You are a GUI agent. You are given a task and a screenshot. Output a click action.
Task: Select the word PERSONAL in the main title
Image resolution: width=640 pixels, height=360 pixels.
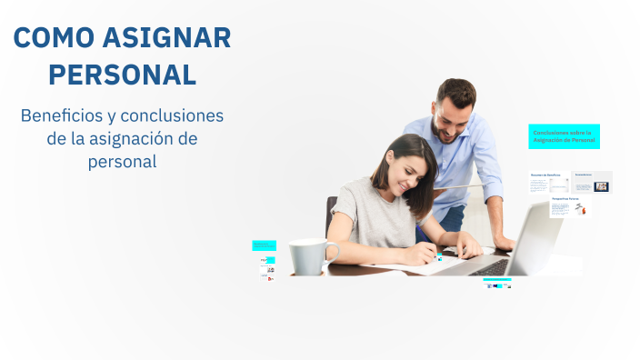pyautogui.click(x=122, y=74)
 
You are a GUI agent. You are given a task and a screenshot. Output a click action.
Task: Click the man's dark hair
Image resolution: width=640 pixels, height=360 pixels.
pyautogui.click(x=455, y=91)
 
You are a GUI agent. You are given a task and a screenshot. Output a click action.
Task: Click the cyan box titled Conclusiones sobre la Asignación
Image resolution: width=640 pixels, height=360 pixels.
pyautogui.click(x=564, y=136)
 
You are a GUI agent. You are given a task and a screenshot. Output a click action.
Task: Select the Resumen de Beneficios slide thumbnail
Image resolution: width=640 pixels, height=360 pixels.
pyautogui.click(x=549, y=182)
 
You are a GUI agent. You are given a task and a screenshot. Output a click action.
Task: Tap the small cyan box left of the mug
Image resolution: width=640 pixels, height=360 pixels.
pyautogui.click(x=264, y=245)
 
